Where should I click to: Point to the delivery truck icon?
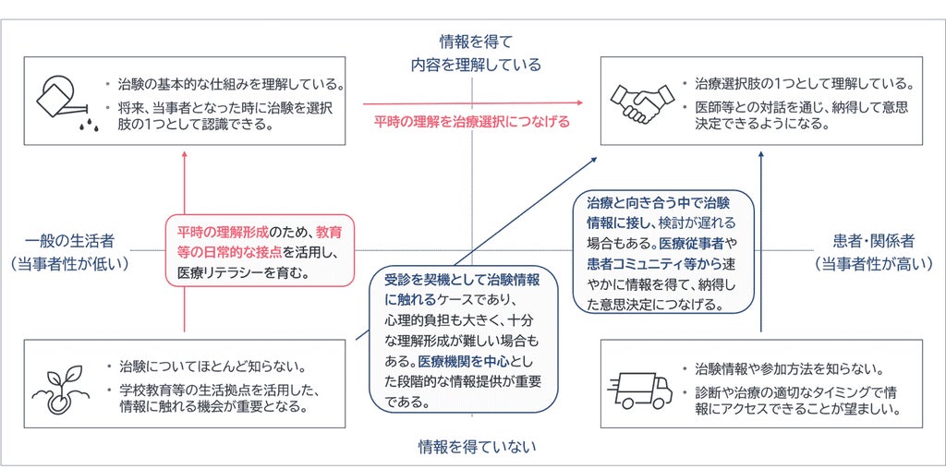pyautogui.click(x=640, y=390)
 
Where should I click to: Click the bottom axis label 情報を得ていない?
pyautogui.click(x=478, y=447)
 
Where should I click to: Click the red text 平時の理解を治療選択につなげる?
pyautogui.click(x=471, y=122)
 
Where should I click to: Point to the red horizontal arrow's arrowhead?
pyautogui.click(x=580, y=103)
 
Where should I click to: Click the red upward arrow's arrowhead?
pyautogui.click(x=184, y=154)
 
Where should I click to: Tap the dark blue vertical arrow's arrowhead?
pyautogui.click(x=761, y=155)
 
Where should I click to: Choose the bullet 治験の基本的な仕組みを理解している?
pyautogui.click(x=224, y=83)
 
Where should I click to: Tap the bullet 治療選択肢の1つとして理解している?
pyautogui.click(x=795, y=83)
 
